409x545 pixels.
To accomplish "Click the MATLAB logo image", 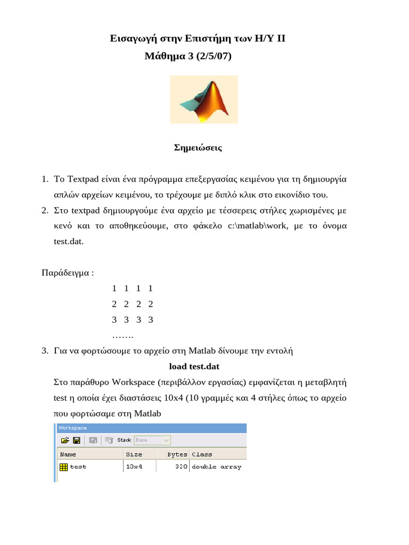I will (x=203, y=100).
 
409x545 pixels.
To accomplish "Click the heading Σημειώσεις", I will (x=198, y=148).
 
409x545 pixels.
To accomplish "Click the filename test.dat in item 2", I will (x=68, y=241).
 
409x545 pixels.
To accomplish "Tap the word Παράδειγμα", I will (x=66, y=273).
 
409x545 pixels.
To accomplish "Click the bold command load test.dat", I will (x=194, y=367).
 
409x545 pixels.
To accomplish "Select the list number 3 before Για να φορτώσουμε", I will (x=45, y=351).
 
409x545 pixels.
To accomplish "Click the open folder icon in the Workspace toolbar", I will (x=65, y=440).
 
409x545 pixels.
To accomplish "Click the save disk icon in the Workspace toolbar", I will (x=77, y=440).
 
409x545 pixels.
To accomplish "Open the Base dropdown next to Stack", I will (x=152, y=440).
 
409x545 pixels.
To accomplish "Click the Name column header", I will (x=68, y=455).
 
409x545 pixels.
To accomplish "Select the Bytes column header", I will (x=177, y=455).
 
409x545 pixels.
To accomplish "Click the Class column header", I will (x=202, y=455).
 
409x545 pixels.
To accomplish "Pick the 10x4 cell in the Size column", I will (x=134, y=467).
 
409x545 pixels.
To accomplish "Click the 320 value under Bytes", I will (x=181, y=467).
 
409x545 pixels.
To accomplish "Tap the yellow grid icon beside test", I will (x=63, y=467).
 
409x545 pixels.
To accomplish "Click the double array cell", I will (x=216, y=467).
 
